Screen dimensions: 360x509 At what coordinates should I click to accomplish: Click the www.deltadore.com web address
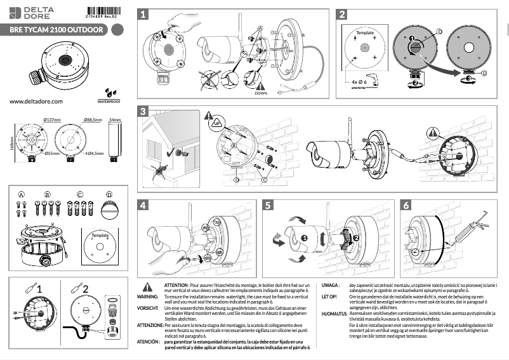pyautogui.click(x=36, y=101)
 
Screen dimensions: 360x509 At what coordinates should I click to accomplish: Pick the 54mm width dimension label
pyautogui.click(x=115, y=120)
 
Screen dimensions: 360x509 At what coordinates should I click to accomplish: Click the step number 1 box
pyautogui.click(x=145, y=13)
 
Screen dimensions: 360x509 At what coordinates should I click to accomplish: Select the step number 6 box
pyautogui.click(x=406, y=204)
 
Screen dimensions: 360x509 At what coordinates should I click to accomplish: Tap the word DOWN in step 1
pyautogui.click(x=260, y=93)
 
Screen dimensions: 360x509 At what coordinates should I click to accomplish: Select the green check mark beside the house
pyautogui.click(x=173, y=152)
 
